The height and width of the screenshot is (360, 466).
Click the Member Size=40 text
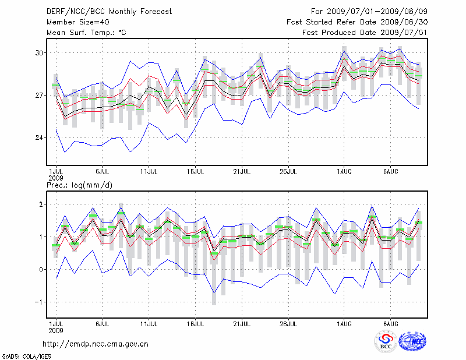tap(74, 22)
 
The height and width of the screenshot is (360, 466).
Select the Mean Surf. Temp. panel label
tap(86, 33)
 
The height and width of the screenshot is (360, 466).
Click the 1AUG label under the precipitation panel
tap(344, 323)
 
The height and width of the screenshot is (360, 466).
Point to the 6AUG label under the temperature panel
tap(390, 172)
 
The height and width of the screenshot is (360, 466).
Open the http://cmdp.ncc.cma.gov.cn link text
tap(96, 344)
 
